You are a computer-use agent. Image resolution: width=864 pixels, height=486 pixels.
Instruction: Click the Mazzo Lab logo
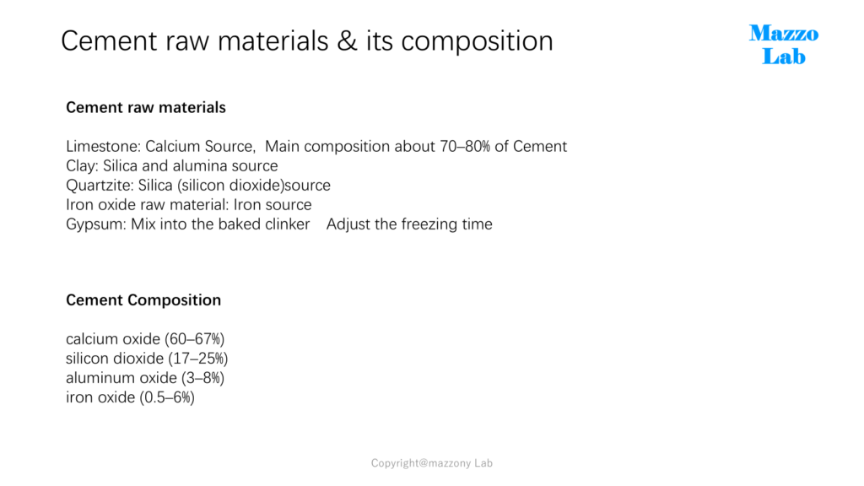784,45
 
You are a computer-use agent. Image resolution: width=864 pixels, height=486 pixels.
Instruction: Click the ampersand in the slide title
347,41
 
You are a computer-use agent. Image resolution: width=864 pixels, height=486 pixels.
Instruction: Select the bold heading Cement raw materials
146,107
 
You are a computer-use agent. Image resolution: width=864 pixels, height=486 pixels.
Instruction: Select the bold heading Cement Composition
143,300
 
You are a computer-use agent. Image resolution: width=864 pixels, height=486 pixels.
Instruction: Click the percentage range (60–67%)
195,339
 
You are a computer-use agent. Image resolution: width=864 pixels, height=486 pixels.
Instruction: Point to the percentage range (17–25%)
197,359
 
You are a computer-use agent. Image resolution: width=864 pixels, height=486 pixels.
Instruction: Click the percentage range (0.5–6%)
167,397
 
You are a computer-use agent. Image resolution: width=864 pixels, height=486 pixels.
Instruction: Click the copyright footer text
432,463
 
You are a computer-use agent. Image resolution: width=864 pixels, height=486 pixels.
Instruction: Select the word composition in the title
478,41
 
